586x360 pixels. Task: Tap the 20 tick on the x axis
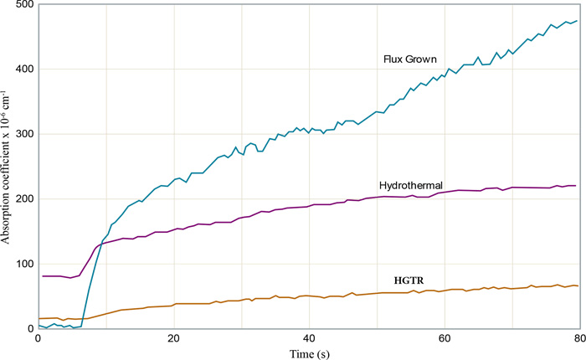(x=173, y=339)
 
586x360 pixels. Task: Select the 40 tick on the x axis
(x=309, y=339)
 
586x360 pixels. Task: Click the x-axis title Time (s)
(x=308, y=353)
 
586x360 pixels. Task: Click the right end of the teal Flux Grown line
(x=578, y=21)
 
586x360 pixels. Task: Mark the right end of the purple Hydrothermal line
(x=576, y=186)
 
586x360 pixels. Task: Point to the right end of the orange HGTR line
(x=578, y=286)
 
